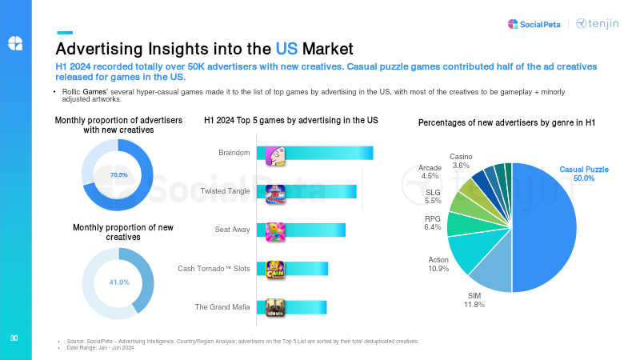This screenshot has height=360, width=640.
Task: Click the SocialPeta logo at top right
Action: tap(534, 23)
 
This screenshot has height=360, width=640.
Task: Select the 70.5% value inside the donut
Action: tap(118, 174)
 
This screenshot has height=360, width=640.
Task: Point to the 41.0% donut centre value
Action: tap(118, 282)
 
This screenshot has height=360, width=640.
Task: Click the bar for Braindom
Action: tap(328, 153)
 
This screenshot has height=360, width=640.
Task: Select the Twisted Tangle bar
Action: tap(320, 191)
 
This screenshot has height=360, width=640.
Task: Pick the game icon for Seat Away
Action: tap(275, 230)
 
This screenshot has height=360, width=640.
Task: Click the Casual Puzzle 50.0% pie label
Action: tap(583, 174)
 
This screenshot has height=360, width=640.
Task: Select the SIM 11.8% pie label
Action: tap(474, 300)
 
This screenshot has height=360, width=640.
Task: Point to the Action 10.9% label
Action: tap(438, 264)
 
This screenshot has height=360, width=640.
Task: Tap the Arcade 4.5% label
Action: tap(430, 172)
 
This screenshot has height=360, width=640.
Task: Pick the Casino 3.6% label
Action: tap(461, 160)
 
